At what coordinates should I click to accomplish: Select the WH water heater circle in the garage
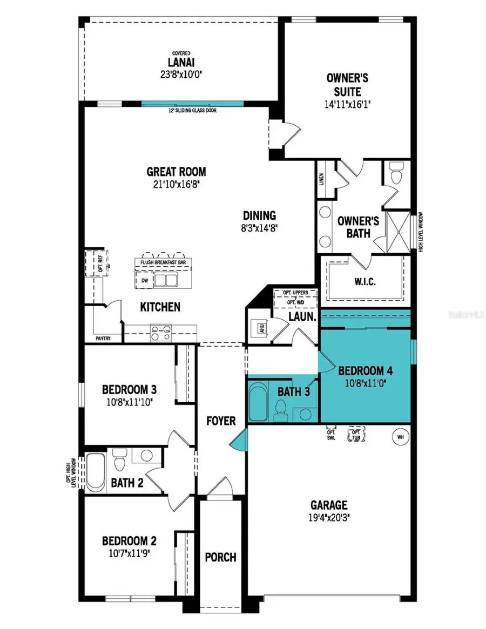tap(401, 437)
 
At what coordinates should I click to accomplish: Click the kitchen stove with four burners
tap(161, 332)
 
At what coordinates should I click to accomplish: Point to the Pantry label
tap(103, 339)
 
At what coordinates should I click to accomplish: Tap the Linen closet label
tap(321, 179)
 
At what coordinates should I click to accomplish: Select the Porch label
tap(220, 557)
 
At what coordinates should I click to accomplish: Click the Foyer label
tap(221, 420)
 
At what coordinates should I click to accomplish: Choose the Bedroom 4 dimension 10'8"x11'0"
tap(364, 382)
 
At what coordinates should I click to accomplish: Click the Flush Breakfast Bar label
tap(163, 262)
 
